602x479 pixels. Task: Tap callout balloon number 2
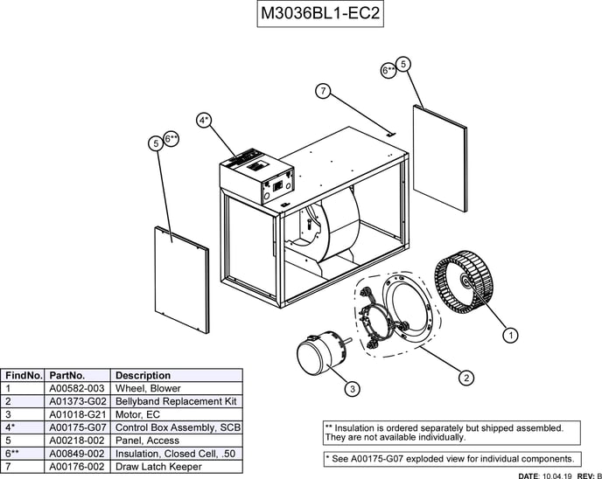(x=466, y=378)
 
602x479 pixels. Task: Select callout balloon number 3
(x=351, y=388)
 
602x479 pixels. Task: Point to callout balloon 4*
(x=204, y=121)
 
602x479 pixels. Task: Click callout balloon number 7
(x=323, y=91)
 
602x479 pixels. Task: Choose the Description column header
(x=143, y=375)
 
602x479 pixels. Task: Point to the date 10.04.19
(x=556, y=476)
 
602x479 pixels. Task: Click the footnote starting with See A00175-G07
(x=451, y=459)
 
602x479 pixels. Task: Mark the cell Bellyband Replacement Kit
(x=176, y=401)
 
